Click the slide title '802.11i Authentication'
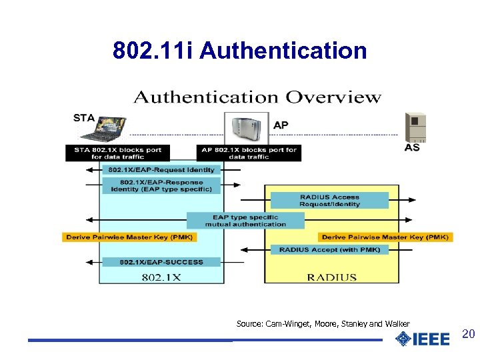[x=240, y=51]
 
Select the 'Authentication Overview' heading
[x=257, y=97]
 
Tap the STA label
[x=84, y=118]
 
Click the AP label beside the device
[x=281, y=125]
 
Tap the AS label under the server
[x=412, y=147]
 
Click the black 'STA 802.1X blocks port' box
[x=117, y=153]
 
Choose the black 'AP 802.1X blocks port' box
[x=249, y=153]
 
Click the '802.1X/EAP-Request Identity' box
[x=161, y=170]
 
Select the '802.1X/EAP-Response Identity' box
[x=161, y=185]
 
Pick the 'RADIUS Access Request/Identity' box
[x=329, y=201]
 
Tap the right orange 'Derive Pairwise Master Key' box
[x=386, y=237]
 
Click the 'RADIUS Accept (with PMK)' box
[x=329, y=249]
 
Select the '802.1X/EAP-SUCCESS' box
[x=161, y=262]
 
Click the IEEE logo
[x=422, y=339]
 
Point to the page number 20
[x=468, y=334]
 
